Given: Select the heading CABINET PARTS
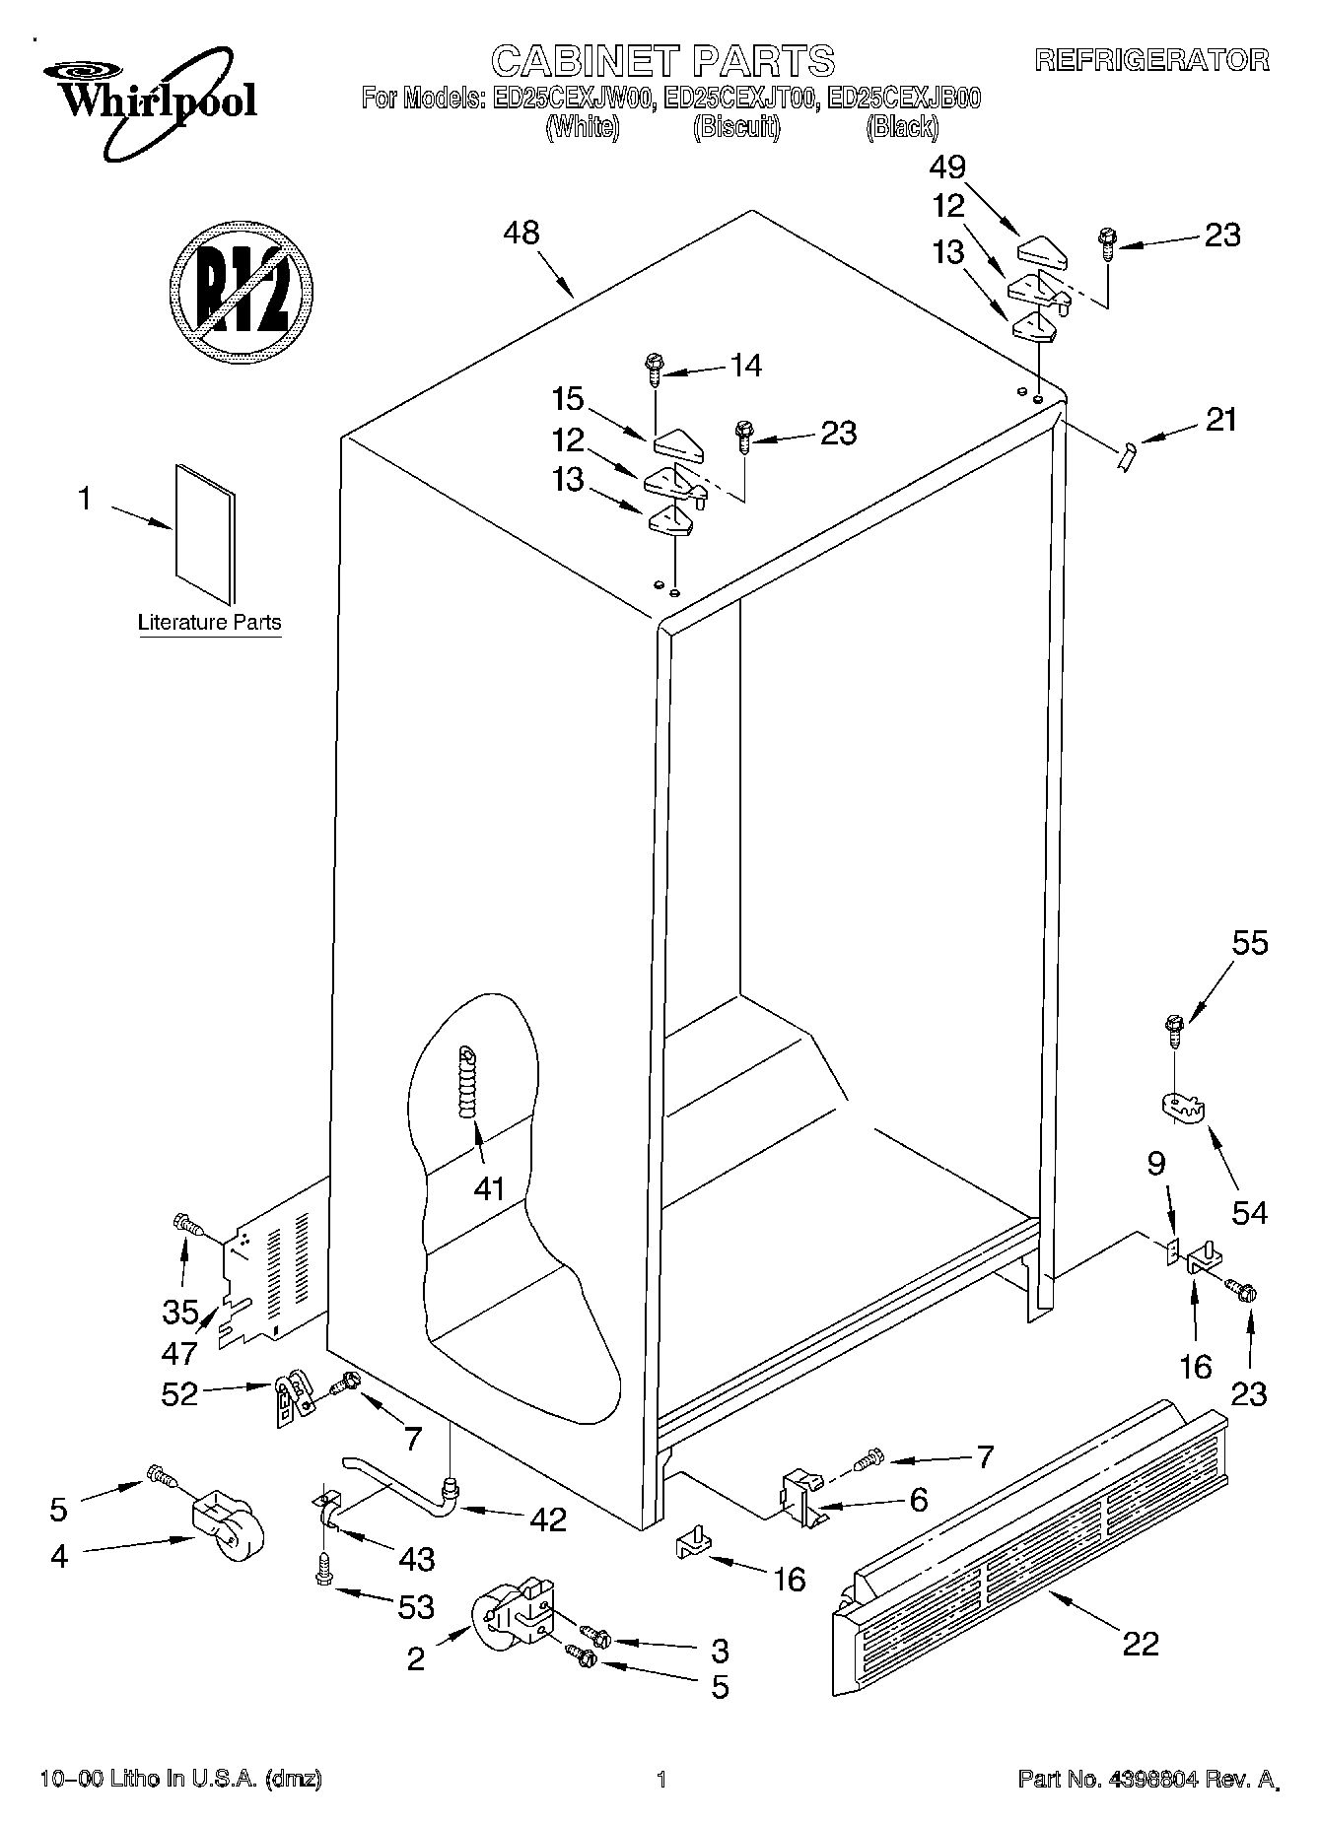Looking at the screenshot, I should pos(662,61).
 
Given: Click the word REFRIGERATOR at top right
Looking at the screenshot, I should pos(1151,60).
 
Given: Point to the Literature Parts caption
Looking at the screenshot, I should pos(209,623).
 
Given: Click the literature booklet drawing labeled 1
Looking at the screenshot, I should pos(206,532).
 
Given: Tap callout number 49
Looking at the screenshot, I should pos(947,168).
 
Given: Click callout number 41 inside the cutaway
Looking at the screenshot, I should pos(489,1188).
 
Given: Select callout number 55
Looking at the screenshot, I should pos(1249,943).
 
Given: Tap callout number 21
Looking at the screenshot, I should pos(1220,420).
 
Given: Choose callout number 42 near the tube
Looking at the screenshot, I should pos(548,1519).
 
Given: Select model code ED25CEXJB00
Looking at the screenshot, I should pos(904,99).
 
